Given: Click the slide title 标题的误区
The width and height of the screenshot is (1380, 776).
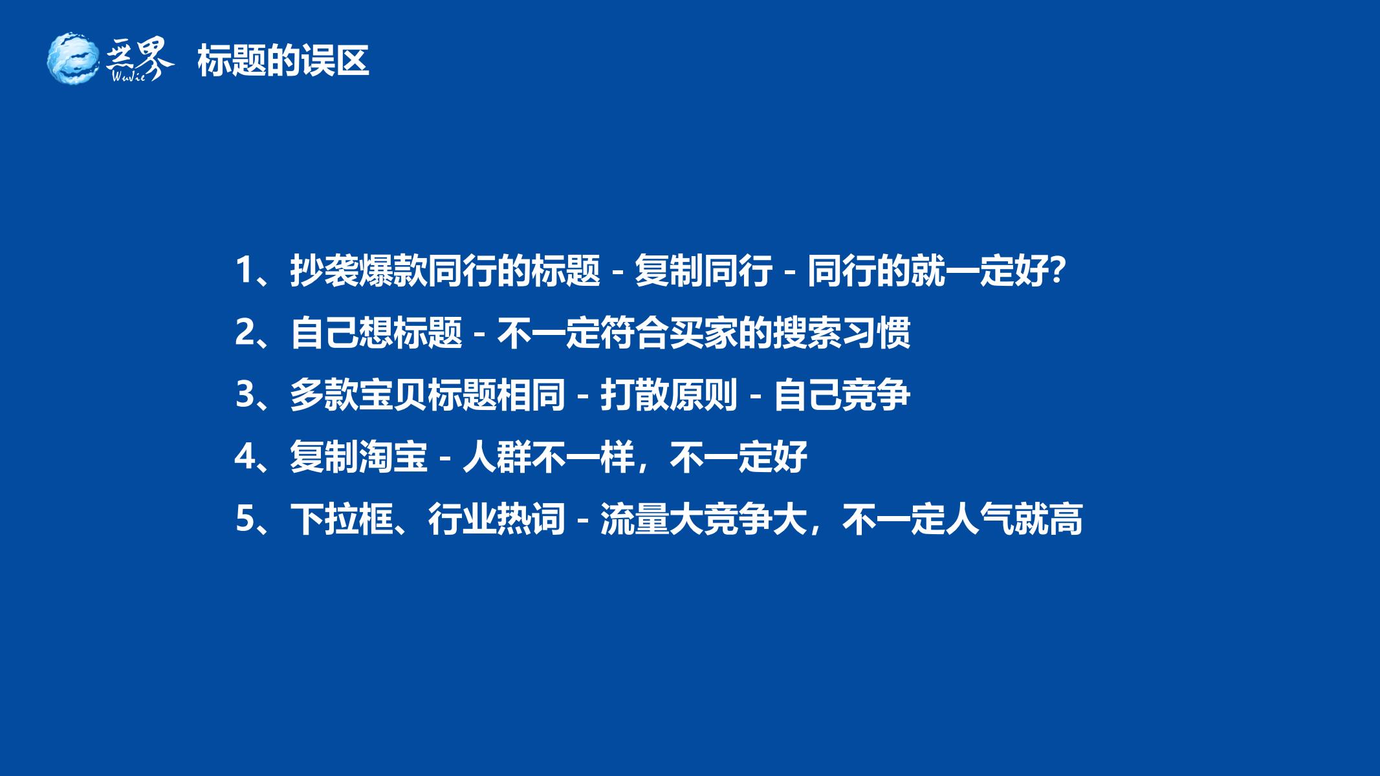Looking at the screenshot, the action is [x=283, y=61].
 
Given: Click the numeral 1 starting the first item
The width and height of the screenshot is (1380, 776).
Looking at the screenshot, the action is [x=244, y=270].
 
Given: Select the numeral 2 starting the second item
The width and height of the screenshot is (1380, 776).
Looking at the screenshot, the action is [x=244, y=332].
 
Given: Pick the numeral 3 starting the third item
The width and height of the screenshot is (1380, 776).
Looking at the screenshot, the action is [x=244, y=394].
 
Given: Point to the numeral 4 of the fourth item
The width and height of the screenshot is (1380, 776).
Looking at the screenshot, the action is [x=244, y=457].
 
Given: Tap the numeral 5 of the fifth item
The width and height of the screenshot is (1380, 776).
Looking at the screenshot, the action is [x=244, y=519].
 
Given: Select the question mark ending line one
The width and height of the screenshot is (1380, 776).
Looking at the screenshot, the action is [x=1056, y=270].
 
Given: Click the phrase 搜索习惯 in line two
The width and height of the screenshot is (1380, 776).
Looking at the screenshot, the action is [x=842, y=332].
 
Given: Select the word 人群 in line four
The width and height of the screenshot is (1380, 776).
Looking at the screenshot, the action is [x=497, y=457].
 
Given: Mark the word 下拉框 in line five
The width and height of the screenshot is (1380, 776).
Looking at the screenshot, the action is [x=342, y=519].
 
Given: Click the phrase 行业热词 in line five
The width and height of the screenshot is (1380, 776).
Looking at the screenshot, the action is [x=497, y=519].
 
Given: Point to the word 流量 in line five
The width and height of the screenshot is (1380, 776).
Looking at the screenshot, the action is [x=635, y=519].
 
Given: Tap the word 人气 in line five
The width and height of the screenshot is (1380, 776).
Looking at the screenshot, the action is [x=980, y=519].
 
